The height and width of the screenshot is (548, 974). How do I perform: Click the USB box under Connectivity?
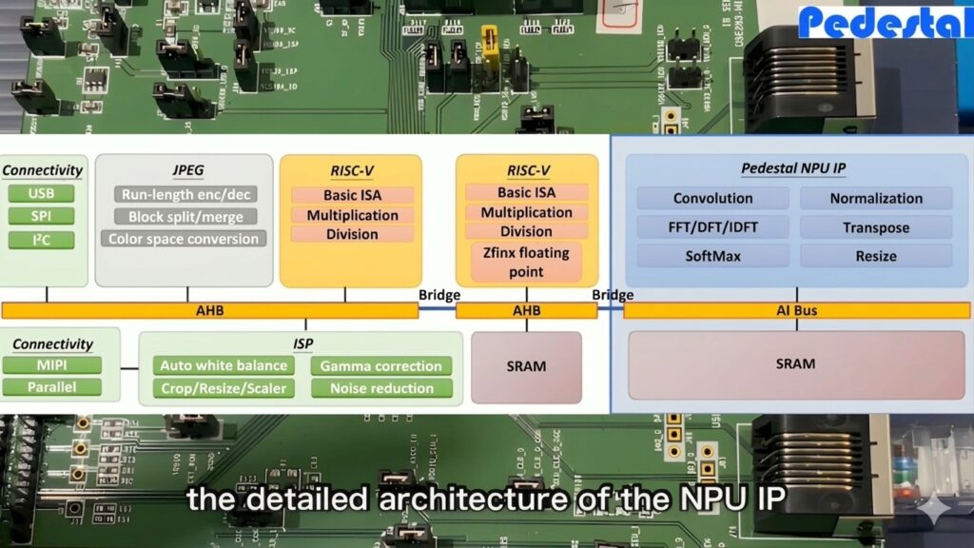41,194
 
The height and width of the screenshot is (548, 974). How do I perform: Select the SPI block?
41,216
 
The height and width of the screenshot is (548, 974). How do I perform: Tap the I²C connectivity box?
41,239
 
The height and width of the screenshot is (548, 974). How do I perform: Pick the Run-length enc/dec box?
185,194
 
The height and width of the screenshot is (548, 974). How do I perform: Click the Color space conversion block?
184,239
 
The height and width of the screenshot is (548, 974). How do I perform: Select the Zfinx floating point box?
525,262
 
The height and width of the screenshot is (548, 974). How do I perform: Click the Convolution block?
712,198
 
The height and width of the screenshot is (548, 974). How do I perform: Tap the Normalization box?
875,198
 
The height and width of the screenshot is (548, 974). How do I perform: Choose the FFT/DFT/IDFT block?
712,227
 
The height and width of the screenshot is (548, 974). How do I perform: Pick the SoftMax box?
712,256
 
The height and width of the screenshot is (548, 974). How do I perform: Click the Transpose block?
875,227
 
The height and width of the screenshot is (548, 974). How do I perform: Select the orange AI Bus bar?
796,310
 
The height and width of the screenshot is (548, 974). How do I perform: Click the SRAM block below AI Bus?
796,364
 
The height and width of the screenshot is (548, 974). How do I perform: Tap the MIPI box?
52,365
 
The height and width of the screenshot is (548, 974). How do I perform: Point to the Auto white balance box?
224,365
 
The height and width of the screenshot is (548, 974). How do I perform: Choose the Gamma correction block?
380,365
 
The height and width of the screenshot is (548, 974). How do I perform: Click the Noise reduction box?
380,388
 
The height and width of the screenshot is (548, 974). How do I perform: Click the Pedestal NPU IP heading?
792,168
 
